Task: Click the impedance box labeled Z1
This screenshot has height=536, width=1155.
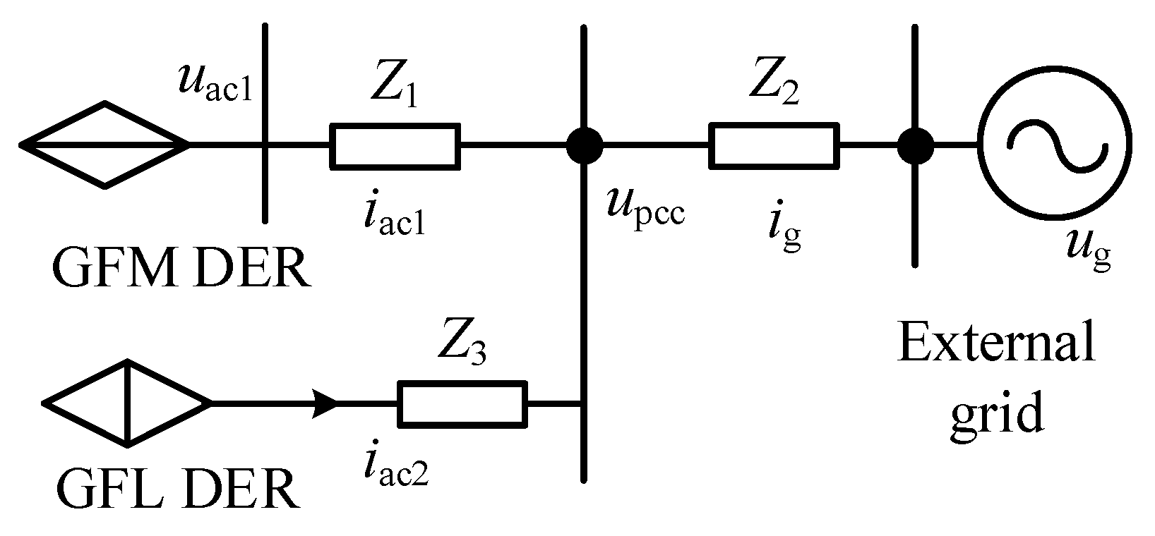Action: point(395,146)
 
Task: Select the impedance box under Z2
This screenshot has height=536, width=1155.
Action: point(774,146)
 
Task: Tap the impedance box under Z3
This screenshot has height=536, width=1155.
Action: point(462,403)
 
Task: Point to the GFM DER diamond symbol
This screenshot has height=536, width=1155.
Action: point(104,145)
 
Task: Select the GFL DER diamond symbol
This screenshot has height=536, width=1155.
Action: point(127,403)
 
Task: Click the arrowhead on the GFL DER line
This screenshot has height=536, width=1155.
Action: point(327,403)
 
